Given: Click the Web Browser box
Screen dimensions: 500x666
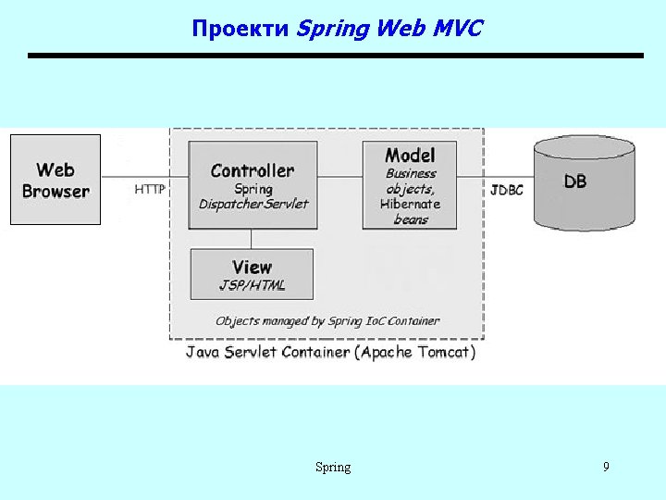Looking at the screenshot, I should (x=55, y=180).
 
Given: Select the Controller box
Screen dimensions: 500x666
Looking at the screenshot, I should (x=253, y=184).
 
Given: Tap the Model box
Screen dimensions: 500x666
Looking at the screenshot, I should (x=410, y=185).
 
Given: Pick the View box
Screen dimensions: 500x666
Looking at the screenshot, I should (x=252, y=273).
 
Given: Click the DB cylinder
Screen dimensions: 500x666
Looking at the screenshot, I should (x=584, y=183).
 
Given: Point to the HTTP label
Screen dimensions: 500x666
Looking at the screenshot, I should (x=150, y=189).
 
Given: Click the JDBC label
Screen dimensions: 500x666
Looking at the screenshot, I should (x=507, y=190).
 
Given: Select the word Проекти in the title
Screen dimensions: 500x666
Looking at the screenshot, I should (x=240, y=29).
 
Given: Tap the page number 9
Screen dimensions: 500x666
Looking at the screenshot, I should (x=606, y=467).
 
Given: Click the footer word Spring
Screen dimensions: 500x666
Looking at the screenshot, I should (x=333, y=468).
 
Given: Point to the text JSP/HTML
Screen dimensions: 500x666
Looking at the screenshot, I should (x=253, y=285).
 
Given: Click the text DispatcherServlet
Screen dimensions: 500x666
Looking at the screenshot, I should (x=253, y=204).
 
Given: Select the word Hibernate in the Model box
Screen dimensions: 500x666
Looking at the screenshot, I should (x=410, y=204).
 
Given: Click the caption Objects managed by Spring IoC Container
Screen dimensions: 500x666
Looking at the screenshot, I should (x=327, y=321).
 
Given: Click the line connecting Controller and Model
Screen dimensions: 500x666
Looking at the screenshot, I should (x=339, y=176).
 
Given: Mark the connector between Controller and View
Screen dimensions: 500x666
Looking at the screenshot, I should (x=253, y=239).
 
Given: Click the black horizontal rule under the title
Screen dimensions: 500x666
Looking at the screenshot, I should (x=335, y=56).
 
